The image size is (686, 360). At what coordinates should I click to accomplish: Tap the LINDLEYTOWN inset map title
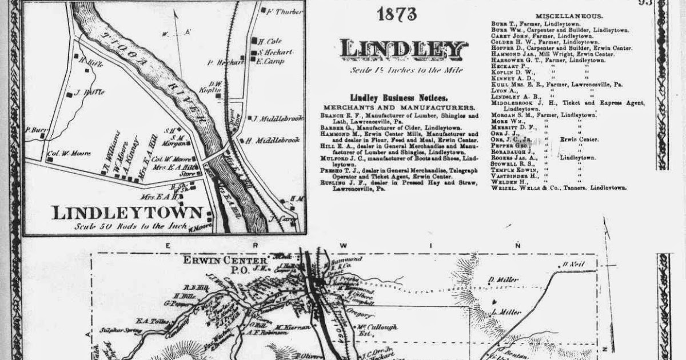pos(127,213)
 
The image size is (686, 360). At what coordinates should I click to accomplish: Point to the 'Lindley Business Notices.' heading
pos(399,98)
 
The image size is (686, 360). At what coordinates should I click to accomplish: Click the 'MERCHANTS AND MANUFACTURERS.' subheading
pos(399,107)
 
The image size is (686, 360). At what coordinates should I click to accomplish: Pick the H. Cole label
pos(270,41)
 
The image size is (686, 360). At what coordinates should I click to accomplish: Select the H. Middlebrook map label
pos(273,140)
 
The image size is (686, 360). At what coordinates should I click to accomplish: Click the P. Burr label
pos(35,129)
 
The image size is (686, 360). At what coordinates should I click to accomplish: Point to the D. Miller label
pos(503,279)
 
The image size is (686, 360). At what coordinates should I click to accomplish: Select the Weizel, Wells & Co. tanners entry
pos(558,187)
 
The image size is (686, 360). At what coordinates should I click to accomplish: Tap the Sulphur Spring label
pos(116,330)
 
